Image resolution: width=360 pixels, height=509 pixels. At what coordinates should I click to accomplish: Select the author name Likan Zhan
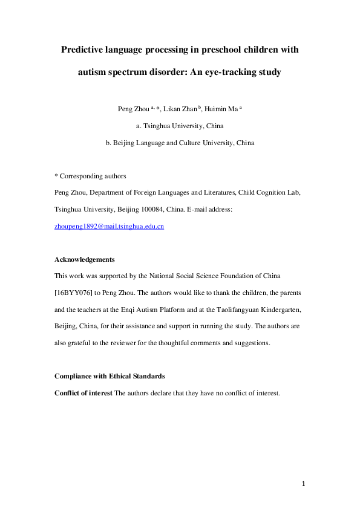coord(182,109)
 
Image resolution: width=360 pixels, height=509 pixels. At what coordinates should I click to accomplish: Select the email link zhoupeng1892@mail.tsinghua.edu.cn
coord(110,226)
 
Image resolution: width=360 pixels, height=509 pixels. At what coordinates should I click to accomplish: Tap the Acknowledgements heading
coord(85,259)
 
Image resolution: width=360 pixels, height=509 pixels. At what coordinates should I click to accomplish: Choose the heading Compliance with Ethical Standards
coord(110,376)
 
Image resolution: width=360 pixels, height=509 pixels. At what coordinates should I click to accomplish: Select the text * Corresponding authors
coord(90,177)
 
